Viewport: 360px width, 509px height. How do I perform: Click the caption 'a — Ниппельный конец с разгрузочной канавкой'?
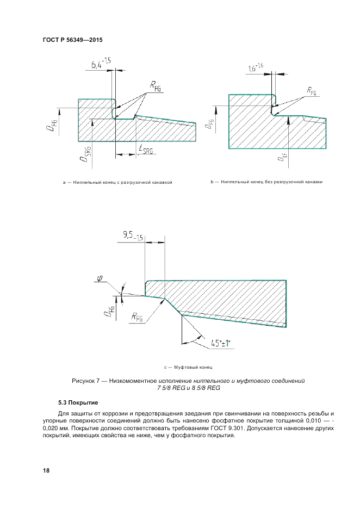[117, 182]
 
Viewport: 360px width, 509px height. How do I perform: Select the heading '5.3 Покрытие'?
[78, 403]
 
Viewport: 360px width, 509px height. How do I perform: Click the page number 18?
[46, 471]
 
